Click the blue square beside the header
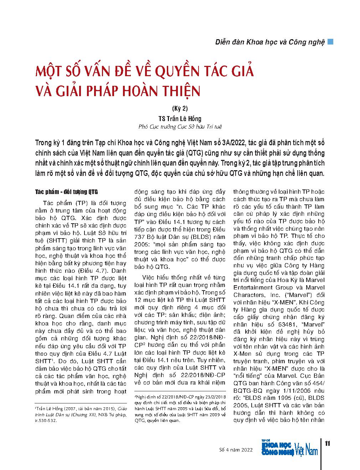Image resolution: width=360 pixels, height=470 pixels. (x=330, y=41)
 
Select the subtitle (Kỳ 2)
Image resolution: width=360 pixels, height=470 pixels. (x=180, y=109)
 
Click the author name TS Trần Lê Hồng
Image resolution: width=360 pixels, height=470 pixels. (x=180, y=119)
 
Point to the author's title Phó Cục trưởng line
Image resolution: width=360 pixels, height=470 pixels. (x=180, y=127)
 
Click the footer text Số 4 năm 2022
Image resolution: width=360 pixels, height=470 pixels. (x=236, y=450)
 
